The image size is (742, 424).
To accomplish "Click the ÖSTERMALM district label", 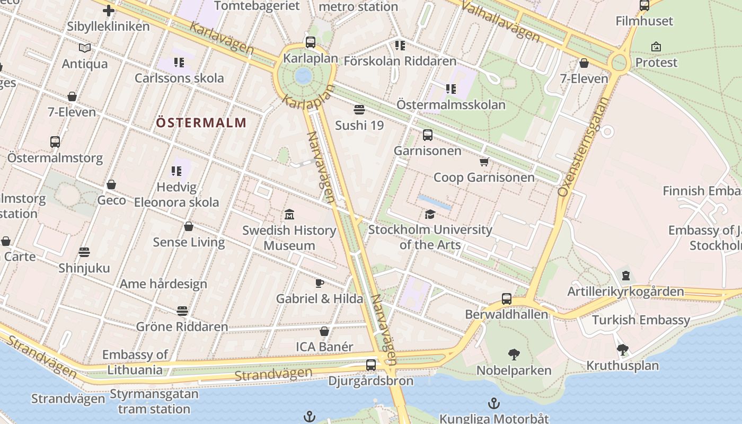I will pos(201,123).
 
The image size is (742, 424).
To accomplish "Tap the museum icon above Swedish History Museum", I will pos(289,215).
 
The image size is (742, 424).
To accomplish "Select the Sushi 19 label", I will pos(359,125).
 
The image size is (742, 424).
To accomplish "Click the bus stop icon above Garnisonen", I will pos(428,135).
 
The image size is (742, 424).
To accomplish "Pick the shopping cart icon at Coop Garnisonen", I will pos(484,162).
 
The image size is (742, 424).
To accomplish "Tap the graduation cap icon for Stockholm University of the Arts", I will pos(430,214).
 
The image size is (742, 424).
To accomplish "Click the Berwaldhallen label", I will pos(506,314).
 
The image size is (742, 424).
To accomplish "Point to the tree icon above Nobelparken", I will pos(514,355).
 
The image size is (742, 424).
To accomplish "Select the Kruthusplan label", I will pos(622,366).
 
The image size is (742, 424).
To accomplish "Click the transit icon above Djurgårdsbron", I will pos(371,365).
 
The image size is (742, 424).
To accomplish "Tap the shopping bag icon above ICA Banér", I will pos(324,331).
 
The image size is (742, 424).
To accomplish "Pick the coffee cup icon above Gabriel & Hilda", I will pos(320,283).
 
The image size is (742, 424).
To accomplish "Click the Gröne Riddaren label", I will pos(182,326).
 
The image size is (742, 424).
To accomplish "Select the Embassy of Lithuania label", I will pos(135,362).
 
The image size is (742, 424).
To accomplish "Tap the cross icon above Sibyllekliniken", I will pos(109,11).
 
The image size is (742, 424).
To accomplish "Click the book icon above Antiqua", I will pos(85,48).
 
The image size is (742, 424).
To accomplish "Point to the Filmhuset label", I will pos(644,21).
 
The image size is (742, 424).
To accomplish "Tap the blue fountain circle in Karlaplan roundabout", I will pos(303,76).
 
